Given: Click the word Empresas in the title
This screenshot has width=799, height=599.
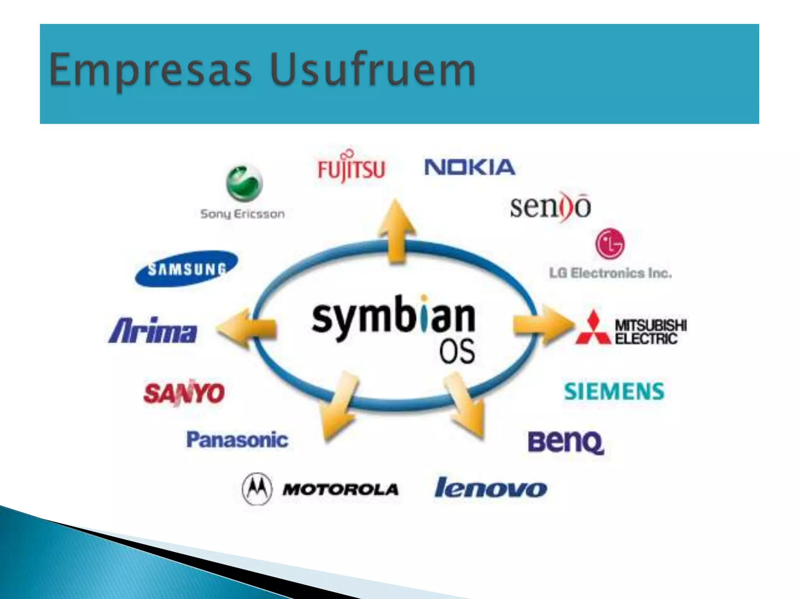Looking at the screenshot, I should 150,70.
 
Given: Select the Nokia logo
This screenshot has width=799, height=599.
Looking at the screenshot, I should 469,167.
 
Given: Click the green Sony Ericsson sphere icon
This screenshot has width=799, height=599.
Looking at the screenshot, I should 244,183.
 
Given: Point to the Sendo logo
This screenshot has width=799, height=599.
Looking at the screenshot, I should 550,207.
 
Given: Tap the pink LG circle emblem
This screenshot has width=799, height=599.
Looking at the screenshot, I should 610,244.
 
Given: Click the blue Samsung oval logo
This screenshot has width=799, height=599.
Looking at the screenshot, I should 186,268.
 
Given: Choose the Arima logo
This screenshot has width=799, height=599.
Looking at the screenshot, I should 153,331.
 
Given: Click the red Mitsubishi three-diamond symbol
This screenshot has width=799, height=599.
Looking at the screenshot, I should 593,329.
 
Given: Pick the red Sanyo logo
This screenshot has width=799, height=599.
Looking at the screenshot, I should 184,392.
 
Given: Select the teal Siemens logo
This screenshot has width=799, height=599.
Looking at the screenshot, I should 614,391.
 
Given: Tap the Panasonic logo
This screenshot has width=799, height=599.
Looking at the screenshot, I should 237,440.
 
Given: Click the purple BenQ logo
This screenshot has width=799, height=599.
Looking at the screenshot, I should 566,442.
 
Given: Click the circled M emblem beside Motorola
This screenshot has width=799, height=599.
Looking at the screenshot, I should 256,488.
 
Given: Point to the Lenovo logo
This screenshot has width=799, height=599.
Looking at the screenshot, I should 491,488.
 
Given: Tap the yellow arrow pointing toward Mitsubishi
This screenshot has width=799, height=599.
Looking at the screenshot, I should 542,325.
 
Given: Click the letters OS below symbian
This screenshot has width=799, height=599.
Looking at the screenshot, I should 457,351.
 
